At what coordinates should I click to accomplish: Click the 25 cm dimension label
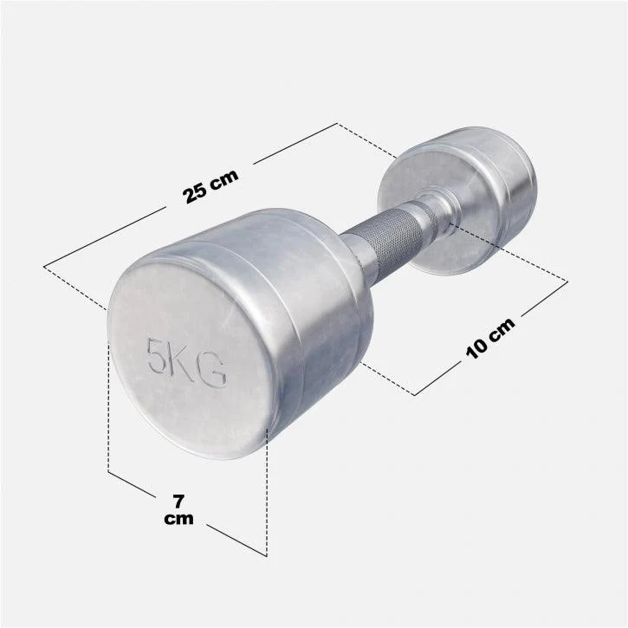(x=210, y=186)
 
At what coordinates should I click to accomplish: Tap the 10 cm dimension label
(x=490, y=339)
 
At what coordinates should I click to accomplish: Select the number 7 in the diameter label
(x=178, y=502)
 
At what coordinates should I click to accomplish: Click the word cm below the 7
(x=178, y=519)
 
